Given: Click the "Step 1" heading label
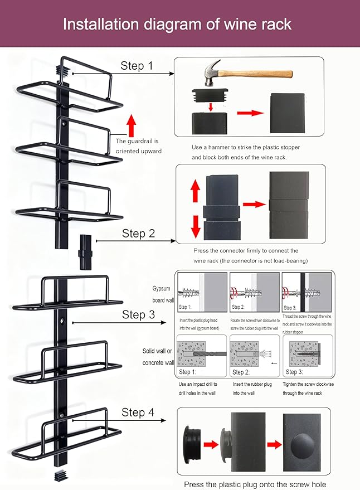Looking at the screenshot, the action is pyautogui.click(x=137, y=66).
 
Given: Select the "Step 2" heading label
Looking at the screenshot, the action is pyautogui.click(x=138, y=233).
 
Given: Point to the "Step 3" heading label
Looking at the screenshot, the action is pyautogui.click(x=138, y=314).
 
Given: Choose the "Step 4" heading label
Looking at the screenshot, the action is pyautogui.click(x=138, y=412).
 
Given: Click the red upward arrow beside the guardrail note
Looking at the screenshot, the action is pyautogui.click(x=132, y=125).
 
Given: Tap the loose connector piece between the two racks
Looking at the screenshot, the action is pyautogui.click(x=86, y=252).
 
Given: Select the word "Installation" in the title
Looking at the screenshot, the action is pyautogui.click(x=101, y=24).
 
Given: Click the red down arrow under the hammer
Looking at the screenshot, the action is pyautogui.click(x=211, y=107).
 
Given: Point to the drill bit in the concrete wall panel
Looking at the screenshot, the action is pyautogui.click(x=210, y=355).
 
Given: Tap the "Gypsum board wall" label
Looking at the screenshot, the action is pyautogui.click(x=163, y=294).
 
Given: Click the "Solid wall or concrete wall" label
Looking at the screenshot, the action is pyautogui.click(x=158, y=357).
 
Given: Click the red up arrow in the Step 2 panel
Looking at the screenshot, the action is pyautogui.click(x=196, y=191).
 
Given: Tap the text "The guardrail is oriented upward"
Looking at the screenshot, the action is pyautogui.click(x=138, y=146).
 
